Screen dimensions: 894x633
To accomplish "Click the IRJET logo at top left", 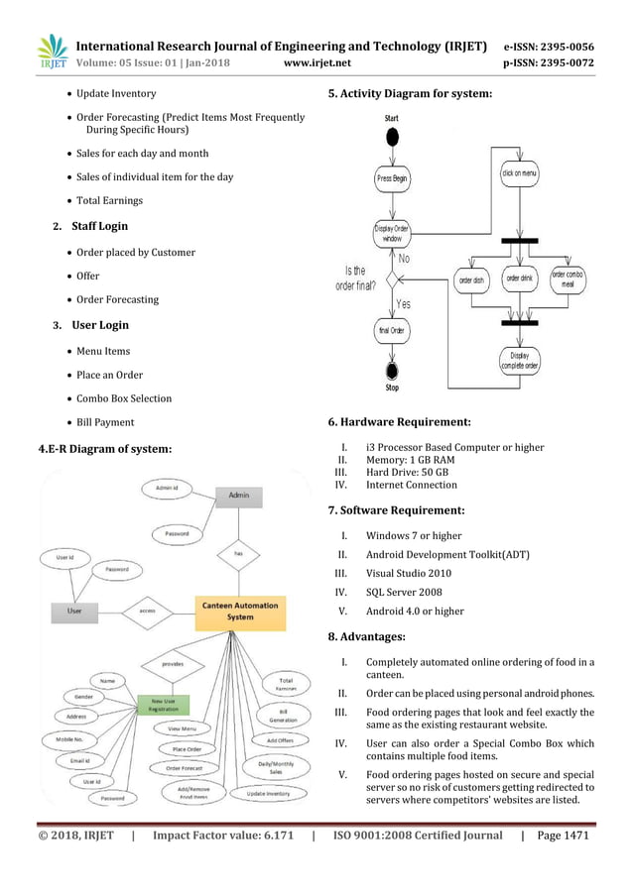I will tap(53, 54).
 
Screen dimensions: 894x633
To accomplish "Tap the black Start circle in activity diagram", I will tap(393, 135).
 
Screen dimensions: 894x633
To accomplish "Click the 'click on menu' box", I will tap(520, 171).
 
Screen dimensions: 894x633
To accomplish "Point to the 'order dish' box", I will tap(472, 280).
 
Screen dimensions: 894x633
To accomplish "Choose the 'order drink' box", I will tap(520, 279).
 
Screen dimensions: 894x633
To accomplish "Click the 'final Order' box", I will tap(392, 330).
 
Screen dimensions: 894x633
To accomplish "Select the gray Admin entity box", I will tap(239, 495).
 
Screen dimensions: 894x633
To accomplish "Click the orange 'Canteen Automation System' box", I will tap(241, 611).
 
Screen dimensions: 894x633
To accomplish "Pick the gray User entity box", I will tap(74, 611).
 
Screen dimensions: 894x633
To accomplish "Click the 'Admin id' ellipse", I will tap(167, 488).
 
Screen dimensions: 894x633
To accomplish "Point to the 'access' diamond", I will tap(147, 611).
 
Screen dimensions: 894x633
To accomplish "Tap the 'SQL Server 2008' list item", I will tap(405, 593).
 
